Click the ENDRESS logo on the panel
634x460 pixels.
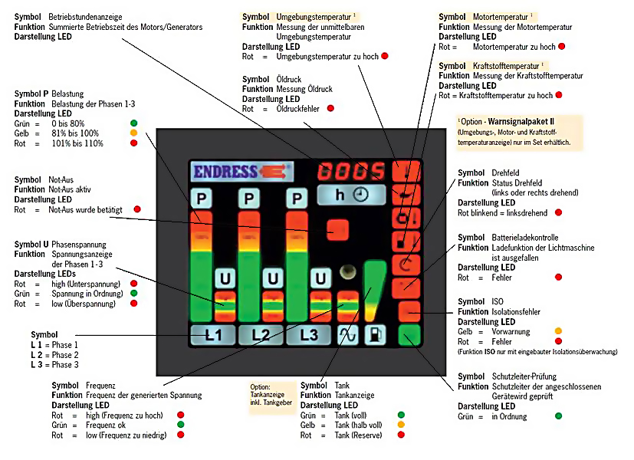click(241, 172)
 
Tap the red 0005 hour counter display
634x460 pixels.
click(350, 172)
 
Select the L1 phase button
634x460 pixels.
click(212, 335)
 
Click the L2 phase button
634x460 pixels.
click(261, 335)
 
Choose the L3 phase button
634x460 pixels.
click(308, 335)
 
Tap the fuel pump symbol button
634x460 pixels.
click(375, 335)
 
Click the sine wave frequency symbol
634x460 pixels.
click(348, 335)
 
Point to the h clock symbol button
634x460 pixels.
click(351, 195)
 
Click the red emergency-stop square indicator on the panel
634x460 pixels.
click(337, 229)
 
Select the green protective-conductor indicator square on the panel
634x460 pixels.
click(409, 335)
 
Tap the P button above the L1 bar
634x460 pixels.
click(202, 199)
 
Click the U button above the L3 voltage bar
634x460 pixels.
click(320, 278)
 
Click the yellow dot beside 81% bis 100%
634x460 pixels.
click(134, 133)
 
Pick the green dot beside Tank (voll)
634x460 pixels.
click(401, 415)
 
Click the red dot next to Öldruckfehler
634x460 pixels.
click(330, 108)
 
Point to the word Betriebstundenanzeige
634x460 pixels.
click(85, 17)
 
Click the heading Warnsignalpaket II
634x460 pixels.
click(521, 121)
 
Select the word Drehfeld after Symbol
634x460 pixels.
click(505, 173)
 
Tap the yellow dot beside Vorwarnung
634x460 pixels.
click(558, 331)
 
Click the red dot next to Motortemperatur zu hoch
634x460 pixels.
click(562, 47)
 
